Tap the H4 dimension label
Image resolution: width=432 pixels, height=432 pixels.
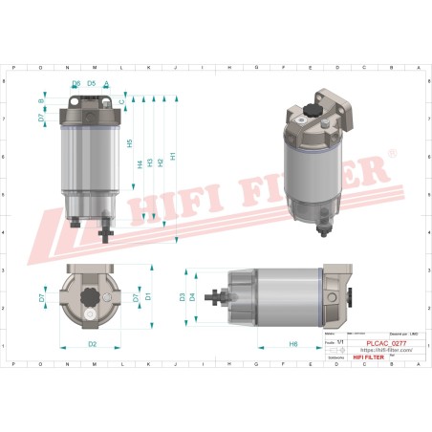pyautogui.click(x=140, y=163)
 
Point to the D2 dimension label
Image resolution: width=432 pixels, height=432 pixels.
pyautogui.click(x=92, y=343)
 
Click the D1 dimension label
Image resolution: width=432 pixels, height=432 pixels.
pyautogui.click(x=148, y=297)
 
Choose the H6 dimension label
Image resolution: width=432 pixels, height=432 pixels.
pyautogui.click(x=292, y=343)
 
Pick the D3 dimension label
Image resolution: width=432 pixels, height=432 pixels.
pyautogui.click(x=183, y=297)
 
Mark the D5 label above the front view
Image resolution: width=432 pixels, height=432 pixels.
pyautogui.click(x=91, y=83)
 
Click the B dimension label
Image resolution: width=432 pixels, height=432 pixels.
pyautogui.click(x=40, y=100)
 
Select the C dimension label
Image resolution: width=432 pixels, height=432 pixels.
pyautogui.click(x=121, y=99)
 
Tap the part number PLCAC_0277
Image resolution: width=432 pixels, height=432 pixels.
pyautogui.click(x=388, y=342)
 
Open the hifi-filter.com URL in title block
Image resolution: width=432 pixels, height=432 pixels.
pyautogui.click(x=387, y=350)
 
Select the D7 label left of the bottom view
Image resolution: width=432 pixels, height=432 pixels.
pyautogui.click(x=41, y=298)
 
